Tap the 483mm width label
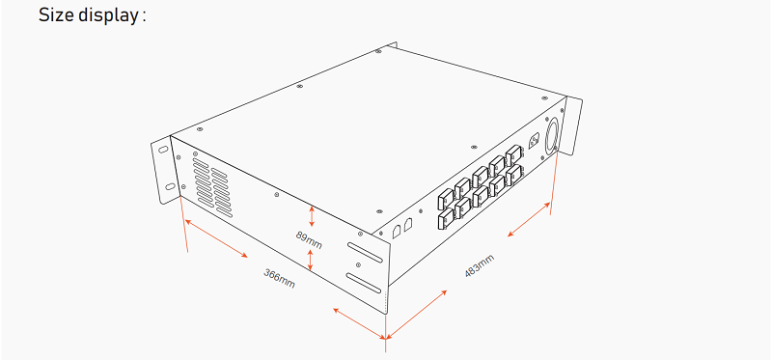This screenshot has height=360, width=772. coord(480,267)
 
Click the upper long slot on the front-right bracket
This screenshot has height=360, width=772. coord(364,254)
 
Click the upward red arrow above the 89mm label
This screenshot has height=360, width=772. coord(311,214)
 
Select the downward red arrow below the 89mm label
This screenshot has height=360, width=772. coord(311,259)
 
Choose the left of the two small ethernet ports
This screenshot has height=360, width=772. coord(397,231)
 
